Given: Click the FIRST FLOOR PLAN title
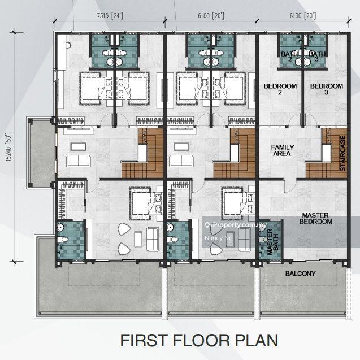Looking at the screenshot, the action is tap(199, 340).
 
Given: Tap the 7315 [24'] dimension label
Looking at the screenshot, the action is tap(110, 16).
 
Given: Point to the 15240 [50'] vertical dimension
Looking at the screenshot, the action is tap(9, 147).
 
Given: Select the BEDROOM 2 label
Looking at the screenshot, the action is tap(280, 89).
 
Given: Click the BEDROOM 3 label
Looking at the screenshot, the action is tap(327, 89).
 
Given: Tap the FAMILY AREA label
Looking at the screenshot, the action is tap(282, 150).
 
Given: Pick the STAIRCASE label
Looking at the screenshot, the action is tap(343, 153).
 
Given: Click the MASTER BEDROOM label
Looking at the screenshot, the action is tap(316, 218).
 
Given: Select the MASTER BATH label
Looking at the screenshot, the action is tap(272, 241).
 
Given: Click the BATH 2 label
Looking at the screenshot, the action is tap(289, 56).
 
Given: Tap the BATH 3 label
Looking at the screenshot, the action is tap(317, 56).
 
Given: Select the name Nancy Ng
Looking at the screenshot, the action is tap(218, 238).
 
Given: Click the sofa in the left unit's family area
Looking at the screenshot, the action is tap(79, 161).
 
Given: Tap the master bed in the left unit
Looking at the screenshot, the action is tap(141, 203).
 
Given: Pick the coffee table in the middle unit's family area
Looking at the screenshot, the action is tap(181, 146).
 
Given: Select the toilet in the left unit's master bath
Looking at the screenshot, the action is tap(62, 240).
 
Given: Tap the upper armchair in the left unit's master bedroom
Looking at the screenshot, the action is tap(124, 229).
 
